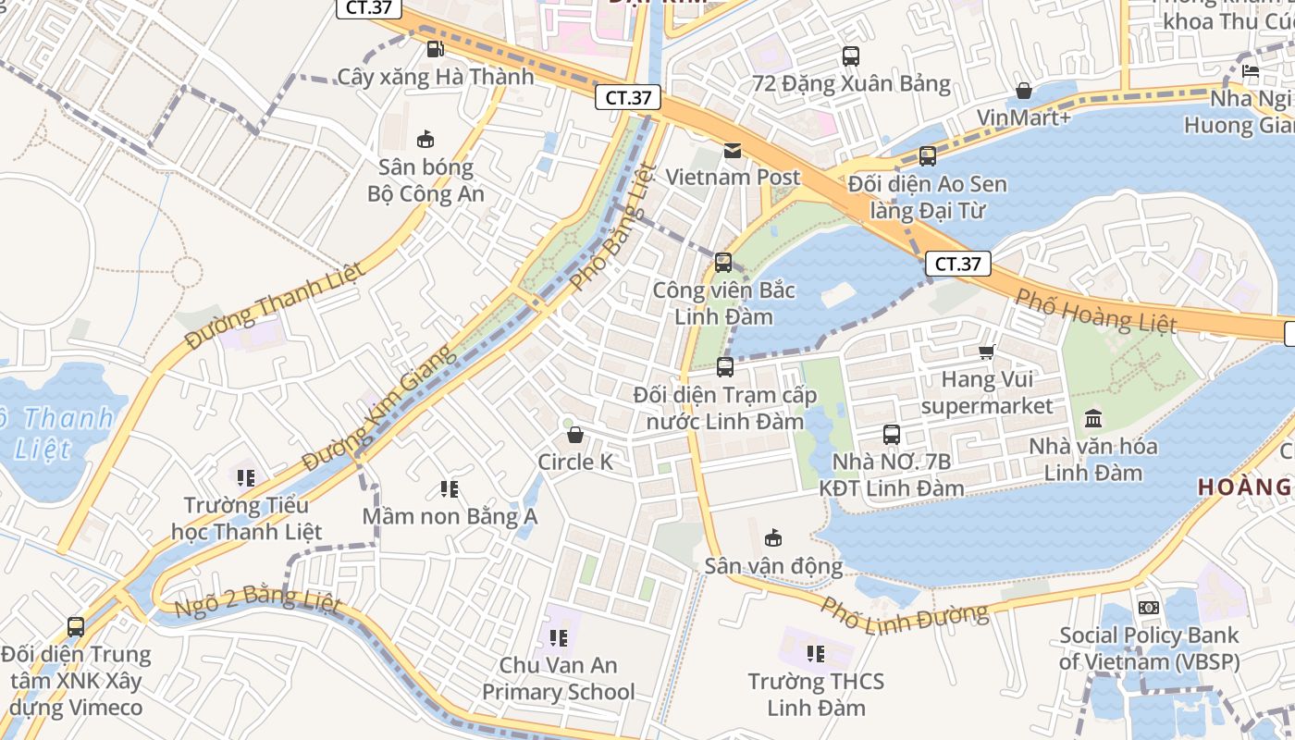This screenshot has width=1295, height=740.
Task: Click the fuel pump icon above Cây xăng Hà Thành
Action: coord(435,49)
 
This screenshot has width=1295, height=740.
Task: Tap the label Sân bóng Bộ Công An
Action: coord(425,180)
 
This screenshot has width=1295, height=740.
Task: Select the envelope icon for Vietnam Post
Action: coord(733,150)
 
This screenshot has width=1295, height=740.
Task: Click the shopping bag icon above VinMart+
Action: coord(1024,91)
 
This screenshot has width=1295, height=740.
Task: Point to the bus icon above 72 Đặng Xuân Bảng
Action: coord(851,56)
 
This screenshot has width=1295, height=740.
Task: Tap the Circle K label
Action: coord(575,462)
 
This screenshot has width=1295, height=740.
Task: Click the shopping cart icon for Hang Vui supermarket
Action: coord(987,351)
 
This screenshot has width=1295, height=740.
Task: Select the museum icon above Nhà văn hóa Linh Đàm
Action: coord(1092,418)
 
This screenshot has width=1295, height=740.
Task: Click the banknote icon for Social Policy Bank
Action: coord(1149,608)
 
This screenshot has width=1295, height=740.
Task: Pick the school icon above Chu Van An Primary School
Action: coord(558,637)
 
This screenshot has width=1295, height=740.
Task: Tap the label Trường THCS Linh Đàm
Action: coord(816,695)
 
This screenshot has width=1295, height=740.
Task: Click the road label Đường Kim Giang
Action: coord(380,406)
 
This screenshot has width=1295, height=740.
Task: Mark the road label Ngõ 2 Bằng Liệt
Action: coord(258,601)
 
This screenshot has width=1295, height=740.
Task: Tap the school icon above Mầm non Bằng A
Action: coord(450,488)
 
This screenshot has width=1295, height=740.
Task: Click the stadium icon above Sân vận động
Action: coord(773,537)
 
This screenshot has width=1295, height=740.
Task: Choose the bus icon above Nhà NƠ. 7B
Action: coord(892,434)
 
